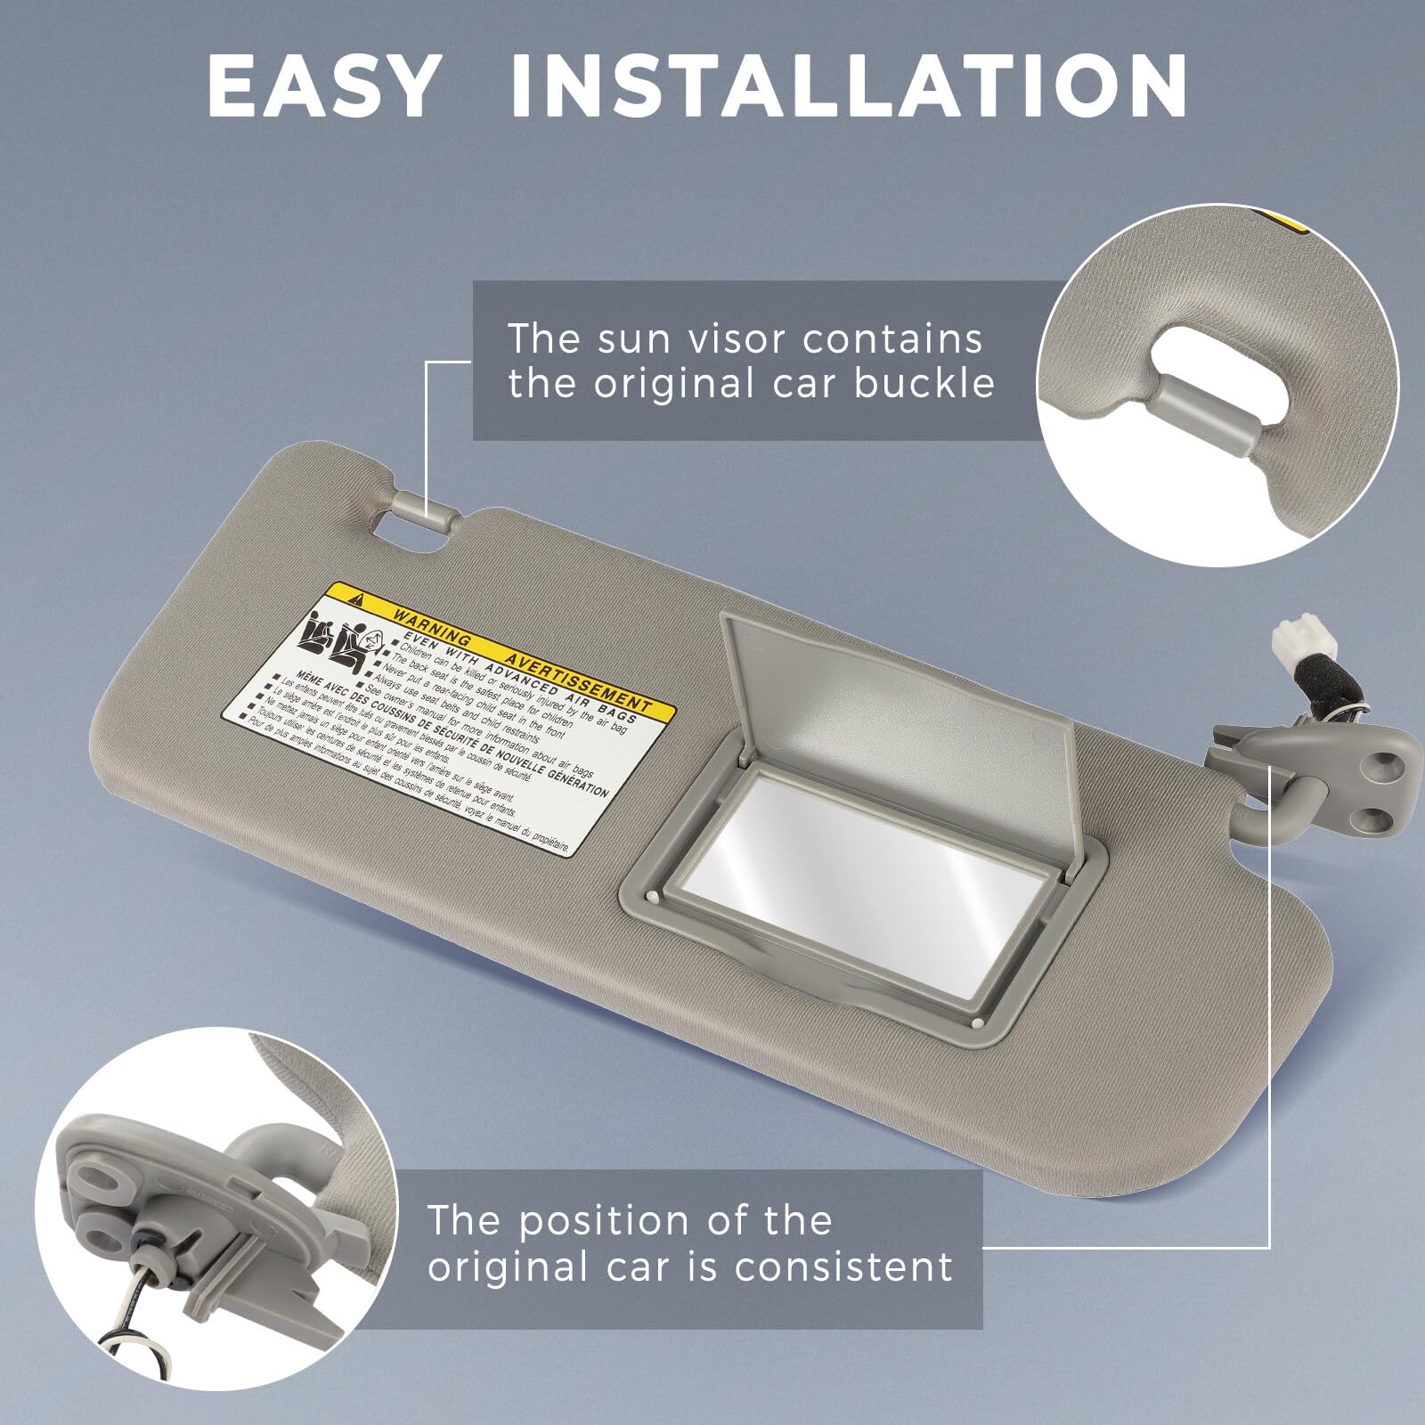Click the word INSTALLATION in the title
(848, 86)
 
